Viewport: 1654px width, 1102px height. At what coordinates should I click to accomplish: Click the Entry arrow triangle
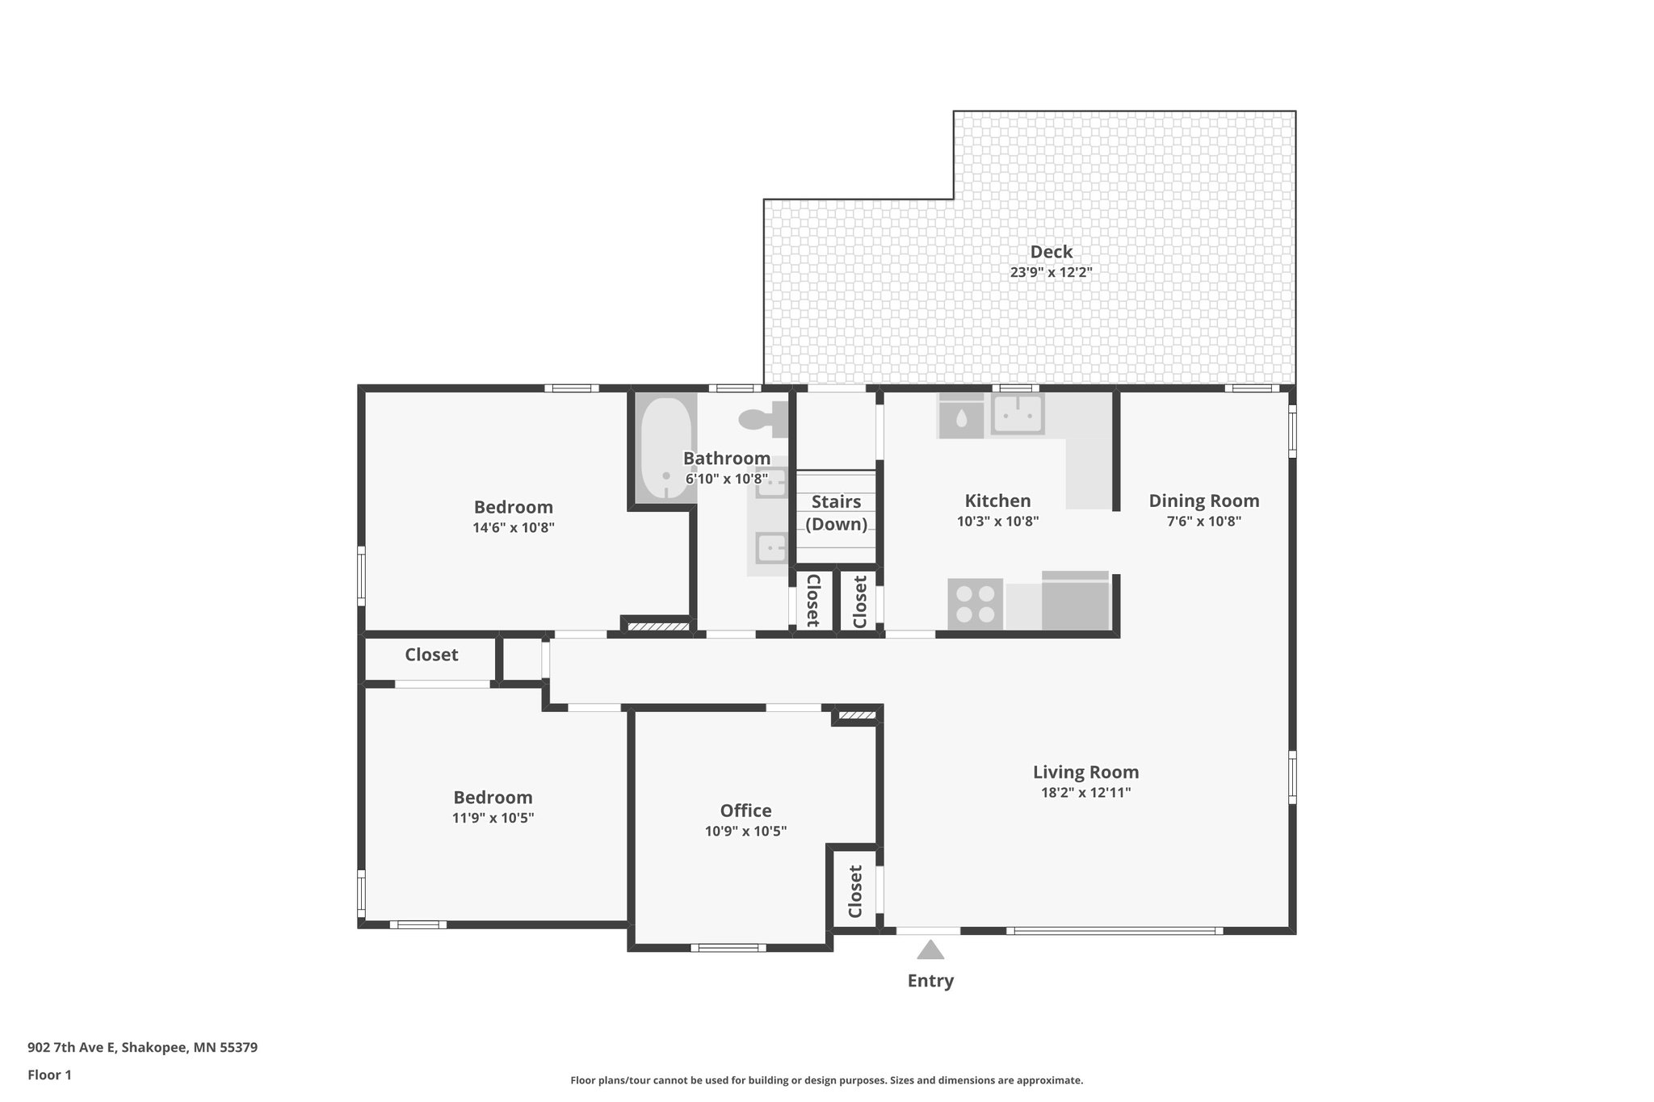tap(930, 949)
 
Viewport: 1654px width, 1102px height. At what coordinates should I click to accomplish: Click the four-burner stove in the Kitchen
tap(976, 604)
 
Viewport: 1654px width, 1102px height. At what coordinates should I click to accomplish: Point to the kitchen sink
tap(1018, 414)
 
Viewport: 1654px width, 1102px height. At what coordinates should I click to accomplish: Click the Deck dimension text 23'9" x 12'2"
tap(1051, 273)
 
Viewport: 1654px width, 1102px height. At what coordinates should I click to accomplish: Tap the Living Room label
tap(1085, 773)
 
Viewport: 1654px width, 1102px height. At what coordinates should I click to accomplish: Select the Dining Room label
tap(1203, 501)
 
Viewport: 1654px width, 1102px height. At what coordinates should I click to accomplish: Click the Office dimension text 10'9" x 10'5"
tap(745, 831)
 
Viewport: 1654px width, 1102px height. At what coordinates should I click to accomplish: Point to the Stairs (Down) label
tap(836, 513)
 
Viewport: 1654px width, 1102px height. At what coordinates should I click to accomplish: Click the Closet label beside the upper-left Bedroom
tap(431, 655)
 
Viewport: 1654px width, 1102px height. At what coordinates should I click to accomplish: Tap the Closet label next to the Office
tap(855, 891)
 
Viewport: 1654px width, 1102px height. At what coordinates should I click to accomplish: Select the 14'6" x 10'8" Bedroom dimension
tap(514, 528)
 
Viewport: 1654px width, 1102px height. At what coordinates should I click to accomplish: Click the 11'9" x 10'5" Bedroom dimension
tap(493, 818)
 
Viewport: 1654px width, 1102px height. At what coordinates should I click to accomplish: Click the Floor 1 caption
tap(49, 1075)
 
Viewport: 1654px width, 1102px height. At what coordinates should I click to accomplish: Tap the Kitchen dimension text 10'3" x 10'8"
tap(997, 522)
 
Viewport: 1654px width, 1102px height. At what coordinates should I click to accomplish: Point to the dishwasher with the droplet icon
tap(960, 417)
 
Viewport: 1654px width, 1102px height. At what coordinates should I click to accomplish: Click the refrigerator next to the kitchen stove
tap(1075, 601)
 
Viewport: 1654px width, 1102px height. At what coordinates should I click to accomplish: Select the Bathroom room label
tap(726, 459)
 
